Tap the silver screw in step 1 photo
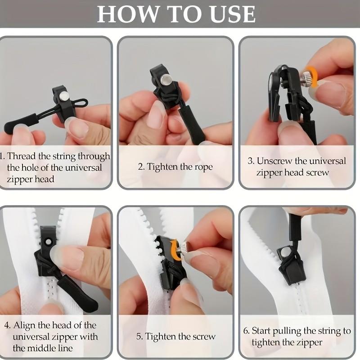pyautogui.click(x=65, y=95)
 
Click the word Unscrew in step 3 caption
pyautogui.click(x=274, y=161)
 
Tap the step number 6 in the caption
pyautogui.click(x=246, y=331)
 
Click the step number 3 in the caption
pyautogui.click(x=251, y=161)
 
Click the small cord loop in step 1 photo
pyautogui.click(x=81, y=102)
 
